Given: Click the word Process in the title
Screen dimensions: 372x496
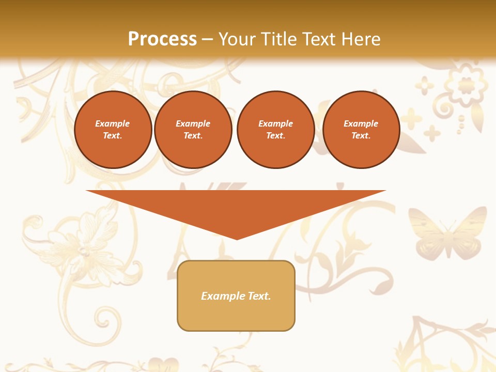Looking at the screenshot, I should (162, 39).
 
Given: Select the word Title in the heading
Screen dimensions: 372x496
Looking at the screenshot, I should (277, 39).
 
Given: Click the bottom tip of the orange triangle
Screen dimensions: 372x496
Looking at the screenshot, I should (237, 238).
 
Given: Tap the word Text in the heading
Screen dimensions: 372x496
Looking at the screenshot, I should (317, 39).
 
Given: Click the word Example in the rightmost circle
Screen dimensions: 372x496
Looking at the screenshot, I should (361, 123).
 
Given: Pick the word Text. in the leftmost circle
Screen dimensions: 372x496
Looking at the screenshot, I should (113, 135).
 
